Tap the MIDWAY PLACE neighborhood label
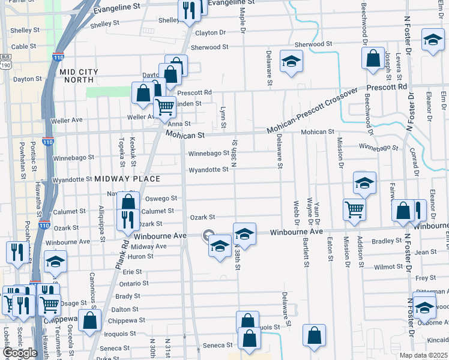[127, 179]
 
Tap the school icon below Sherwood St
[291, 62]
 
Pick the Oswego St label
[161, 198]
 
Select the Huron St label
[142, 256]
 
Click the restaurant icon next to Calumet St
[128, 219]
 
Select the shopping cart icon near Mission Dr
[354, 210]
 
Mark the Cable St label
[23, 46]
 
